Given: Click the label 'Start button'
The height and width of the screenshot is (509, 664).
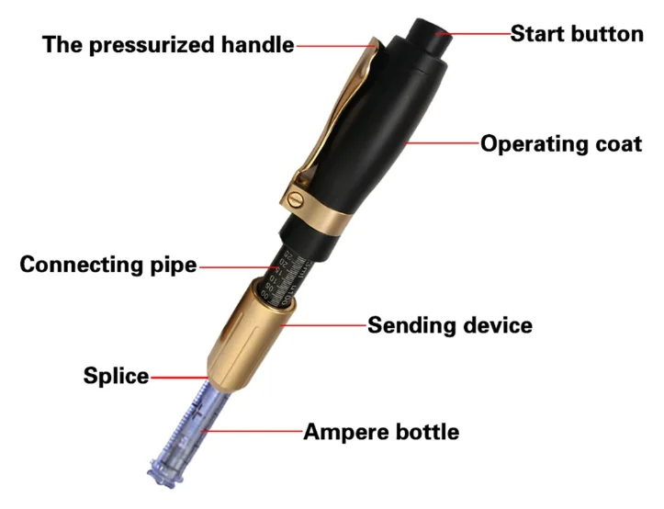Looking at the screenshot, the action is click(576, 34).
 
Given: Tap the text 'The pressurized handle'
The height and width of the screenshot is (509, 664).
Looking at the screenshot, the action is click(168, 44).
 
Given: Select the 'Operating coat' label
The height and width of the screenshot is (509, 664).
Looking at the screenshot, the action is click(561, 144).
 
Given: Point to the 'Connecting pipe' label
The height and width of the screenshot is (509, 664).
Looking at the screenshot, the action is click(108, 265).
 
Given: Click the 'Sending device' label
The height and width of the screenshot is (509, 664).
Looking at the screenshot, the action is click(450, 325).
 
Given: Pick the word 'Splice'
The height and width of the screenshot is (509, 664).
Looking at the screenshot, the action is click(116, 376).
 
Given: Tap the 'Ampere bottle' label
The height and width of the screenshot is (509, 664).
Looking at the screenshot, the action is click(381, 431).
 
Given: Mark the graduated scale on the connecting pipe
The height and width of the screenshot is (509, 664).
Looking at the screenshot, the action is click(280, 267).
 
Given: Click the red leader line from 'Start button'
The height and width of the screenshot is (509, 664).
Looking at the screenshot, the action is click(478, 33).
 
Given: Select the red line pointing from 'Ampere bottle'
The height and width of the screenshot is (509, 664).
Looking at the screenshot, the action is click(253, 430).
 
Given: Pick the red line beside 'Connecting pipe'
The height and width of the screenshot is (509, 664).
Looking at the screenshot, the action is click(235, 266).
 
